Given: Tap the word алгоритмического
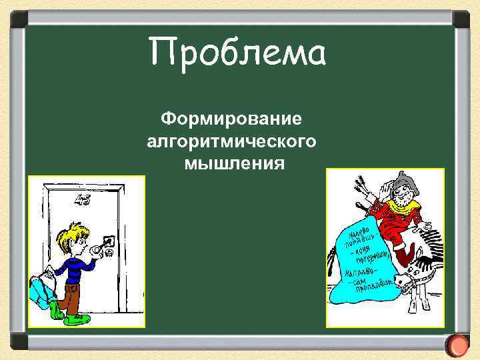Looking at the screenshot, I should pos(231,141).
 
